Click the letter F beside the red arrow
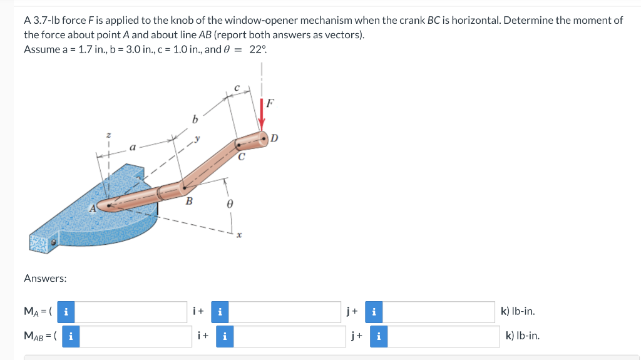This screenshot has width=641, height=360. (x=270, y=103)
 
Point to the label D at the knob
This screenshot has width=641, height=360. (x=274, y=138)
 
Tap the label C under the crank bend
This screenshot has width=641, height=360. (x=241, y=158)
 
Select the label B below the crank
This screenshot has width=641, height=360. (x=189, y=201)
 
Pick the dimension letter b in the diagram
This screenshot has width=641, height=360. (x=195, y=118)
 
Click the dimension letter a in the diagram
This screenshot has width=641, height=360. (x=132, y=148)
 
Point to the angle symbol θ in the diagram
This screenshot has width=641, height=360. (x=230, y=203)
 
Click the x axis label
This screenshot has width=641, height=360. (x=239, y=235)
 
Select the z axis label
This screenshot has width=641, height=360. (x=109, y=135)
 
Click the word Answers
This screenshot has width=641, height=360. (x=45, y=278)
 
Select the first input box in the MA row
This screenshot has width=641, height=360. (x=132, y=311)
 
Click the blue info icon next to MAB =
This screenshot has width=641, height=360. (x=70, y=336)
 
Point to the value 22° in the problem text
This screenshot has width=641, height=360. (x=257, y=49)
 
